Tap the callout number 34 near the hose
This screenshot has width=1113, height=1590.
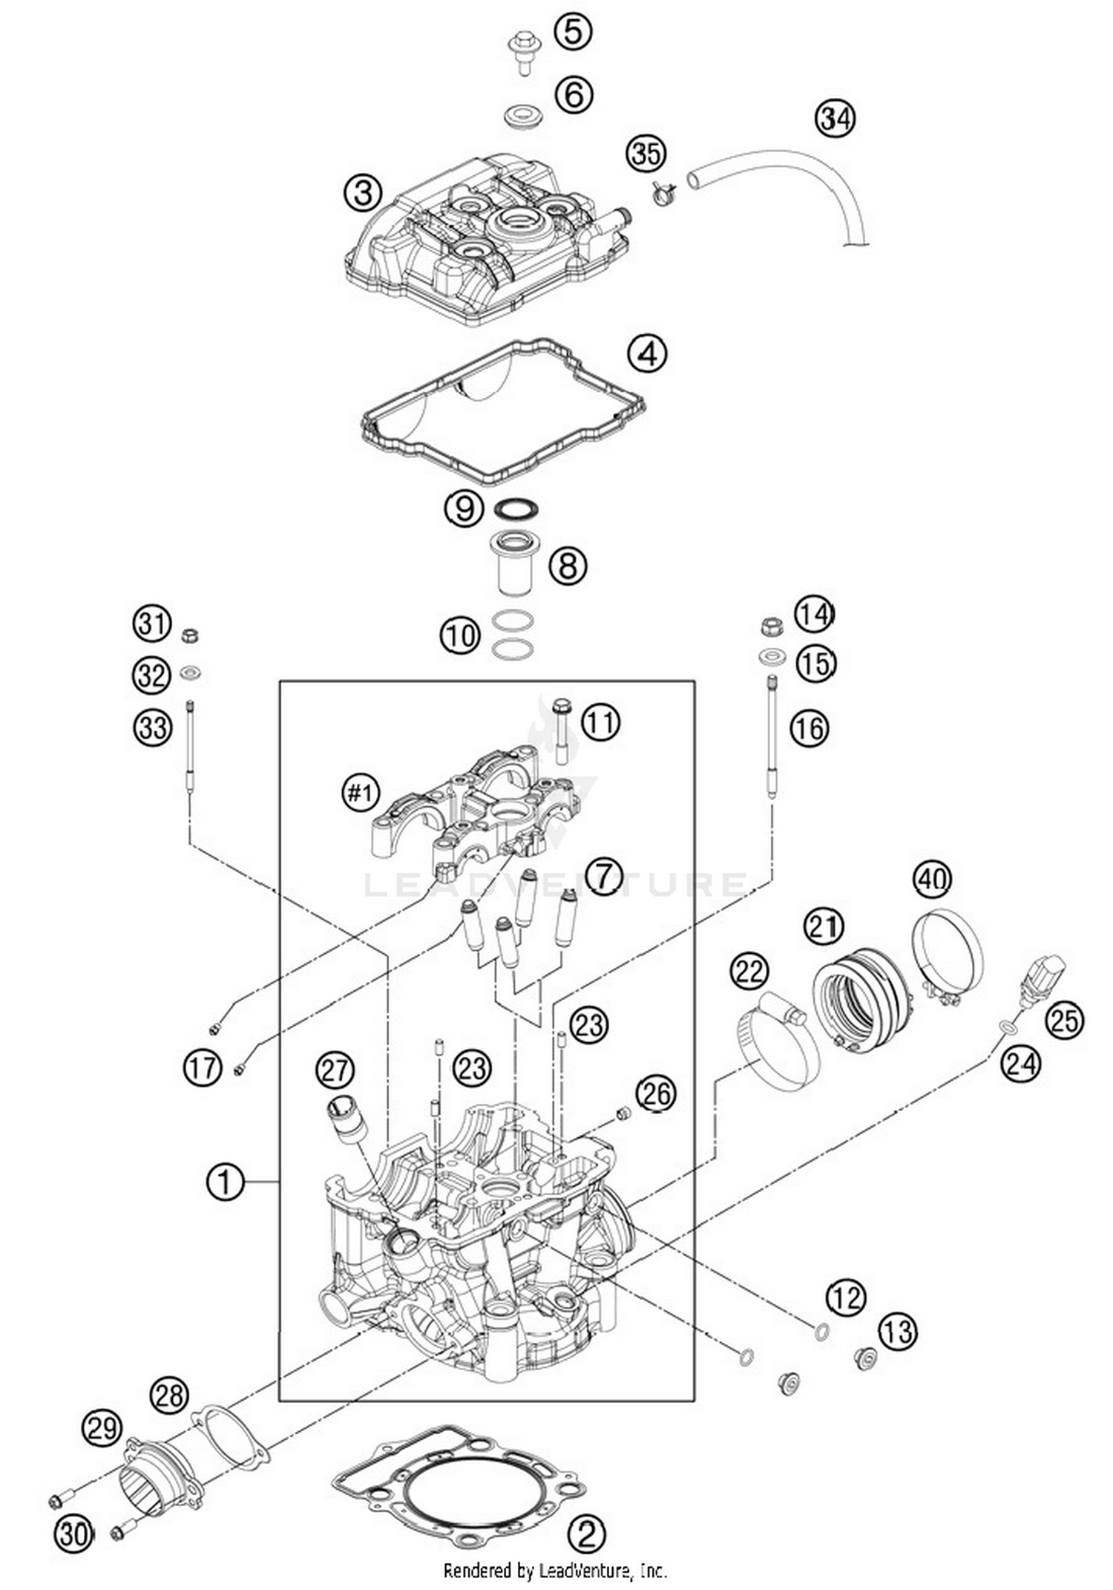835,119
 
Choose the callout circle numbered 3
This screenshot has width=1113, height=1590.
362,194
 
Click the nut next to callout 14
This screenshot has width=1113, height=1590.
772,626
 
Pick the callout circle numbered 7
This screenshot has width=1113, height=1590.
604,877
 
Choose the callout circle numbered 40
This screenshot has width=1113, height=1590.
932,879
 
